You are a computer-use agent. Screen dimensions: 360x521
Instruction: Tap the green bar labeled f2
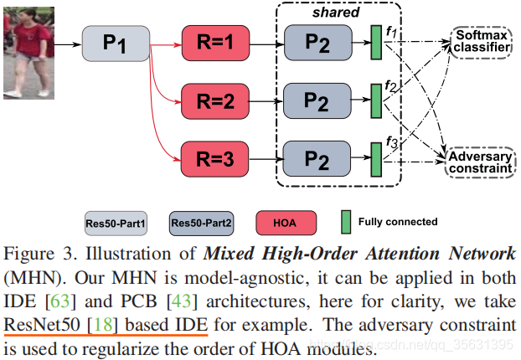(376, 100)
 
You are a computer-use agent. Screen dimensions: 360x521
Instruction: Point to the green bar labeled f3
(376, 157)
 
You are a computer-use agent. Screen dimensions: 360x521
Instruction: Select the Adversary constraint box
(479, 162)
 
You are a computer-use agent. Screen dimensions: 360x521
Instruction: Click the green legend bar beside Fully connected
(346, 222)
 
